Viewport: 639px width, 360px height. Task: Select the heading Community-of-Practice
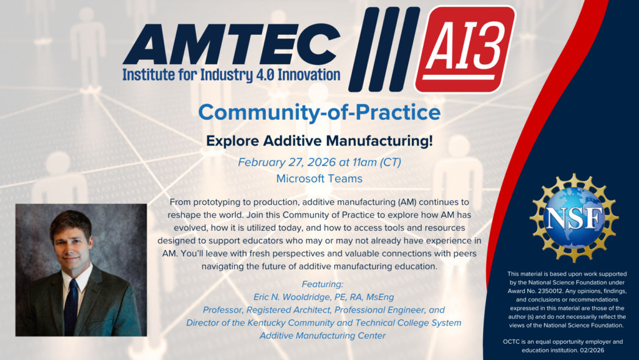click(x=319, y=112)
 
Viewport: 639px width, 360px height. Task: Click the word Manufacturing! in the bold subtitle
click(x=379, y=141)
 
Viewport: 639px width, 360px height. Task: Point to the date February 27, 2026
click(x=287, y=162)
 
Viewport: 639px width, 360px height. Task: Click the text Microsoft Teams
click(x=319, y=178)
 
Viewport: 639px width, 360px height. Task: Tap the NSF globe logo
click(x=574, y=218)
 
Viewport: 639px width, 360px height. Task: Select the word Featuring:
click(x=323, y=284)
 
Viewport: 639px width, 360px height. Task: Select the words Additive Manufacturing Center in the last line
click(x=323, y=336)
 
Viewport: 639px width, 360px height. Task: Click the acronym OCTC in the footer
click(x=511, y=342)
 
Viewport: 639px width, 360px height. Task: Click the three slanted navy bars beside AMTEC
click(x=384, y=49)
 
